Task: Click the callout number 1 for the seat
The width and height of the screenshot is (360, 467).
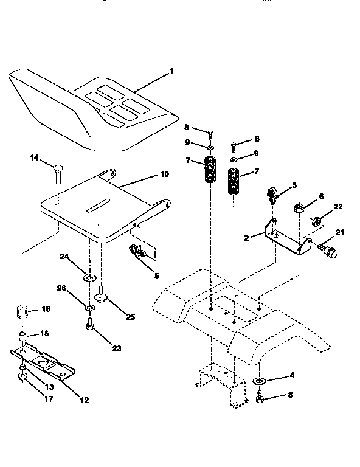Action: (172, 71)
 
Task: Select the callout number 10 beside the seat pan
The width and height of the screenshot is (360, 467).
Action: (164, 174)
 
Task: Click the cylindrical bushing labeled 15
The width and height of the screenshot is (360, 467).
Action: (22, 337)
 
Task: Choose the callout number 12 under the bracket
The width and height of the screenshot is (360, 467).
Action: (84, 400)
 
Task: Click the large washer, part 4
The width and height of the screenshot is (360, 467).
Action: (259, 381)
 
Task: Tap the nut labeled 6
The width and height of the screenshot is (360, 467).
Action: (300, 209)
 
